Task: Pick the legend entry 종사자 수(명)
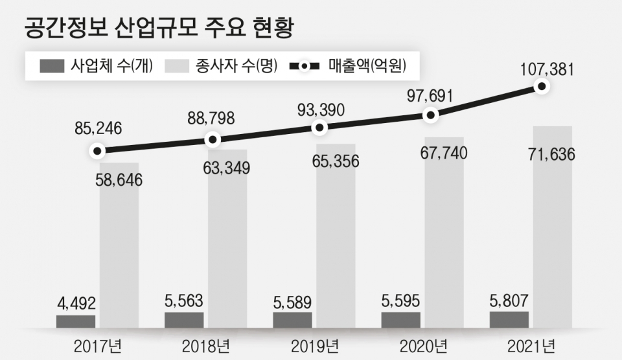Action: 220,66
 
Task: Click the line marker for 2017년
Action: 97,151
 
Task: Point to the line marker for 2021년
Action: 542,85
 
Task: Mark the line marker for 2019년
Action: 319,128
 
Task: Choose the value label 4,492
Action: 76,302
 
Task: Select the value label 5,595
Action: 400,300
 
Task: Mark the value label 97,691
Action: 430,96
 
